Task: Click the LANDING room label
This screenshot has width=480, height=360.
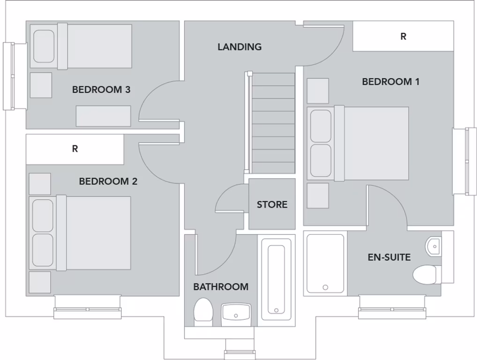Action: [x=240, y=47]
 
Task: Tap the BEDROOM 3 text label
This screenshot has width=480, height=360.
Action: [x=101, y=90]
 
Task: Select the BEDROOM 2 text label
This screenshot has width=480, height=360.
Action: [x=108, y=181]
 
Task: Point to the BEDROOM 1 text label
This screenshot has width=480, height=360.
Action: [x=390, y=82]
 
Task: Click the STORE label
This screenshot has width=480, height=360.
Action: [x=272, y=205]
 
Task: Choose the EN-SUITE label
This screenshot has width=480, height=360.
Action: [x=389, y=257]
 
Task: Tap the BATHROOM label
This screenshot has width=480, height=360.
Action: [x=221, y=287]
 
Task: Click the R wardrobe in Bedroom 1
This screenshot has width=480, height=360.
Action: [x=403, y=37]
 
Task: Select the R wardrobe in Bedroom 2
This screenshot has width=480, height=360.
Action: [x=75, y=150]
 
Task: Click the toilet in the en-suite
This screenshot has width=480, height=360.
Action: [x=425, y=274]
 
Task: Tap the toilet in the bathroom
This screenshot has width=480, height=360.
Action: [x=203, y=311]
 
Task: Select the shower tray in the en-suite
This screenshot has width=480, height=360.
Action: [x=325, y=264]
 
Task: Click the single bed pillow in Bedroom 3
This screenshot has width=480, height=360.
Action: [x=44, y=46]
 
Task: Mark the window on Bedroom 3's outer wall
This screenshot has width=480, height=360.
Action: [x=8, y=76]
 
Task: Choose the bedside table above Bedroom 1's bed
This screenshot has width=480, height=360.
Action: [x=317, y=91]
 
